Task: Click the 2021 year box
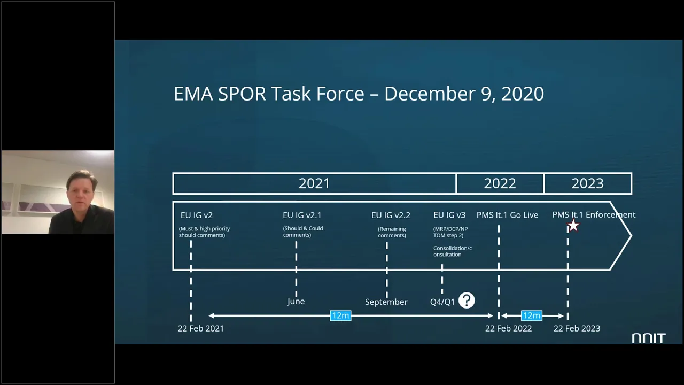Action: coord(314,183)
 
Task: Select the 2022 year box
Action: coord(500,183)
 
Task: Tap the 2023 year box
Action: coord(587,183)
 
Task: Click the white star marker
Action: coord(573,226)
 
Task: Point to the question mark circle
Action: coord(467,301)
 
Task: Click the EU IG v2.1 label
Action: coord(302,215)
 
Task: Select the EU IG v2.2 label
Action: coord(391,215)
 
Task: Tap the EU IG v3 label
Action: coord(449,215)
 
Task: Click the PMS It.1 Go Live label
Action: coord(507,215)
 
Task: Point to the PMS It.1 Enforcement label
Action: coord(594,215)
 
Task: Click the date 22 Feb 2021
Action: coord(200,328)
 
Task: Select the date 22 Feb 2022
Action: coord(508,328)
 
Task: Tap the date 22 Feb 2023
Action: coord(577,328)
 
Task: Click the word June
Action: coord(296,302)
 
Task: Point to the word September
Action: coord(386,302)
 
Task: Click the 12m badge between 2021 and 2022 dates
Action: coord(340,315)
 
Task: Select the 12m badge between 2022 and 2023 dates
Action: coord(531,315)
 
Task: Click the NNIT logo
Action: coord(648,338)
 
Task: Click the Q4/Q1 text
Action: coord(442,302)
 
